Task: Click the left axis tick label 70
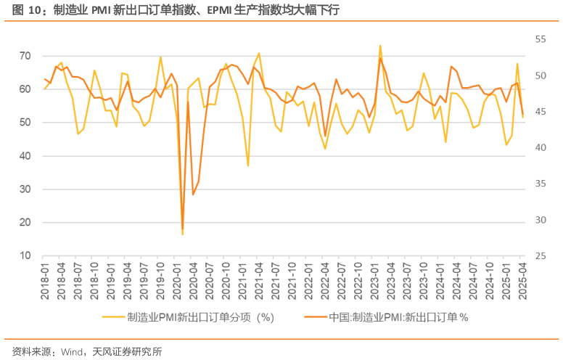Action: pos(25,56)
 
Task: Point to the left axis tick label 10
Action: pos(25,255)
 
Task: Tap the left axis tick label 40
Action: pos(25,155)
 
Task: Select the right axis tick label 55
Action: pos(541,39)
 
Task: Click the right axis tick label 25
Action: pos(541,255)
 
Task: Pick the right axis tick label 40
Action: pos(541,147)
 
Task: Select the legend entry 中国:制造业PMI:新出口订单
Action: pos(399,317)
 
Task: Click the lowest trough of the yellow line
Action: pos(182,234)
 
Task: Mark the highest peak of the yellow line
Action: pos(379,45)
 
